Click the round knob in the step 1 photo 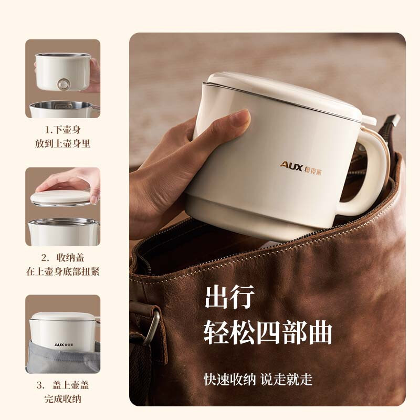[64, 83]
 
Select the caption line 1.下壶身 [63, 129]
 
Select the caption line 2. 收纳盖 [63, 257]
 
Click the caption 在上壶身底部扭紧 [63, 271]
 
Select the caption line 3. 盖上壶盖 [63, 385]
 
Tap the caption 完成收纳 [63, 399]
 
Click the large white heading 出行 [229, 297]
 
